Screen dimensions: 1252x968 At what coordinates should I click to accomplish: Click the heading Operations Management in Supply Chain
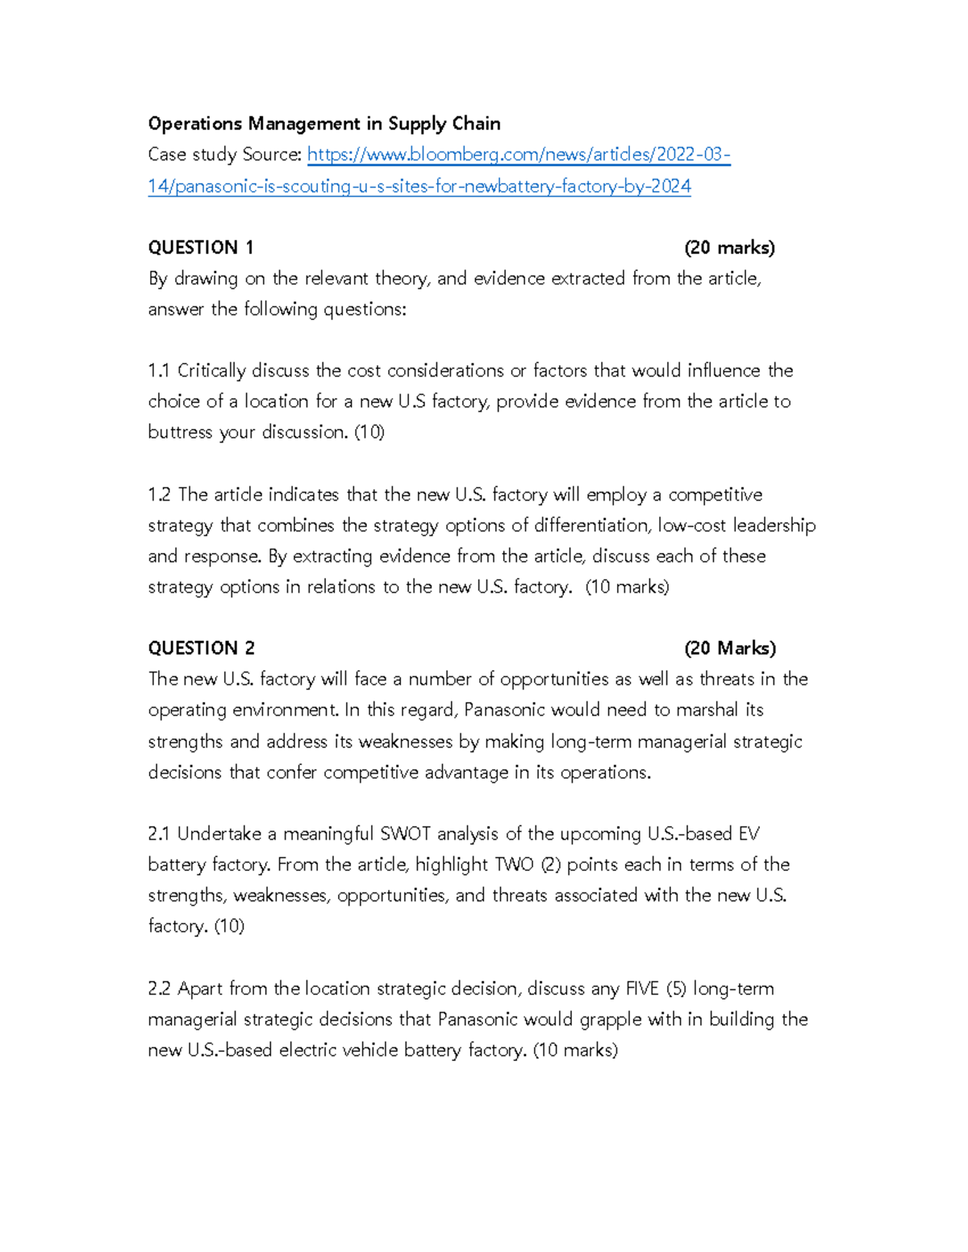pyautogui.click(x=324, y=124)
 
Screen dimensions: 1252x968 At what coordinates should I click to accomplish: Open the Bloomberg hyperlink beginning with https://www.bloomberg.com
pyautogui.click(x=519, y=155)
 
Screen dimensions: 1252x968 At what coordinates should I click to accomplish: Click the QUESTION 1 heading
pyautogui.click(x=201, y=247)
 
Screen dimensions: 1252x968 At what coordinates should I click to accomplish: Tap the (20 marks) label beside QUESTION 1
pyautogui.click(x=729, y=247)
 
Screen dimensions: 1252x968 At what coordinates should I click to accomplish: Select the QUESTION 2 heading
pyautogui.click(x=202, y=648)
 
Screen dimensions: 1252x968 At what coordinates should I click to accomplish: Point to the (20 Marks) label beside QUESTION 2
pyautogui.click(x=730, y=648)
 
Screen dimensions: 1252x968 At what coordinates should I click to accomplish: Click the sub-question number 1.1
pyautogui.click(x=159, y=371)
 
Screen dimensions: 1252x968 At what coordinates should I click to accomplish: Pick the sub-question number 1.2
pyautogui.click(x=160, y=494)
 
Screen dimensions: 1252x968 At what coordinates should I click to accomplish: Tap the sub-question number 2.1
pyautogui.click(x=159, y=834)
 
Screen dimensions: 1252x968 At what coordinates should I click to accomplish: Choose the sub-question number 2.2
pyautogui.click(x=160, y=988)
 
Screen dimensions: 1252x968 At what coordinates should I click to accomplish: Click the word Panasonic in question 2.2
pyautogui.click(x=478, y=1019)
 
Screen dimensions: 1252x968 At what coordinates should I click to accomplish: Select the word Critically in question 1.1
pyautogui.click(x=211, y=371)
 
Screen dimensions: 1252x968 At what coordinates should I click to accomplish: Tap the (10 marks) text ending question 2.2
pyautogui.click(x=576, y=1050)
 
